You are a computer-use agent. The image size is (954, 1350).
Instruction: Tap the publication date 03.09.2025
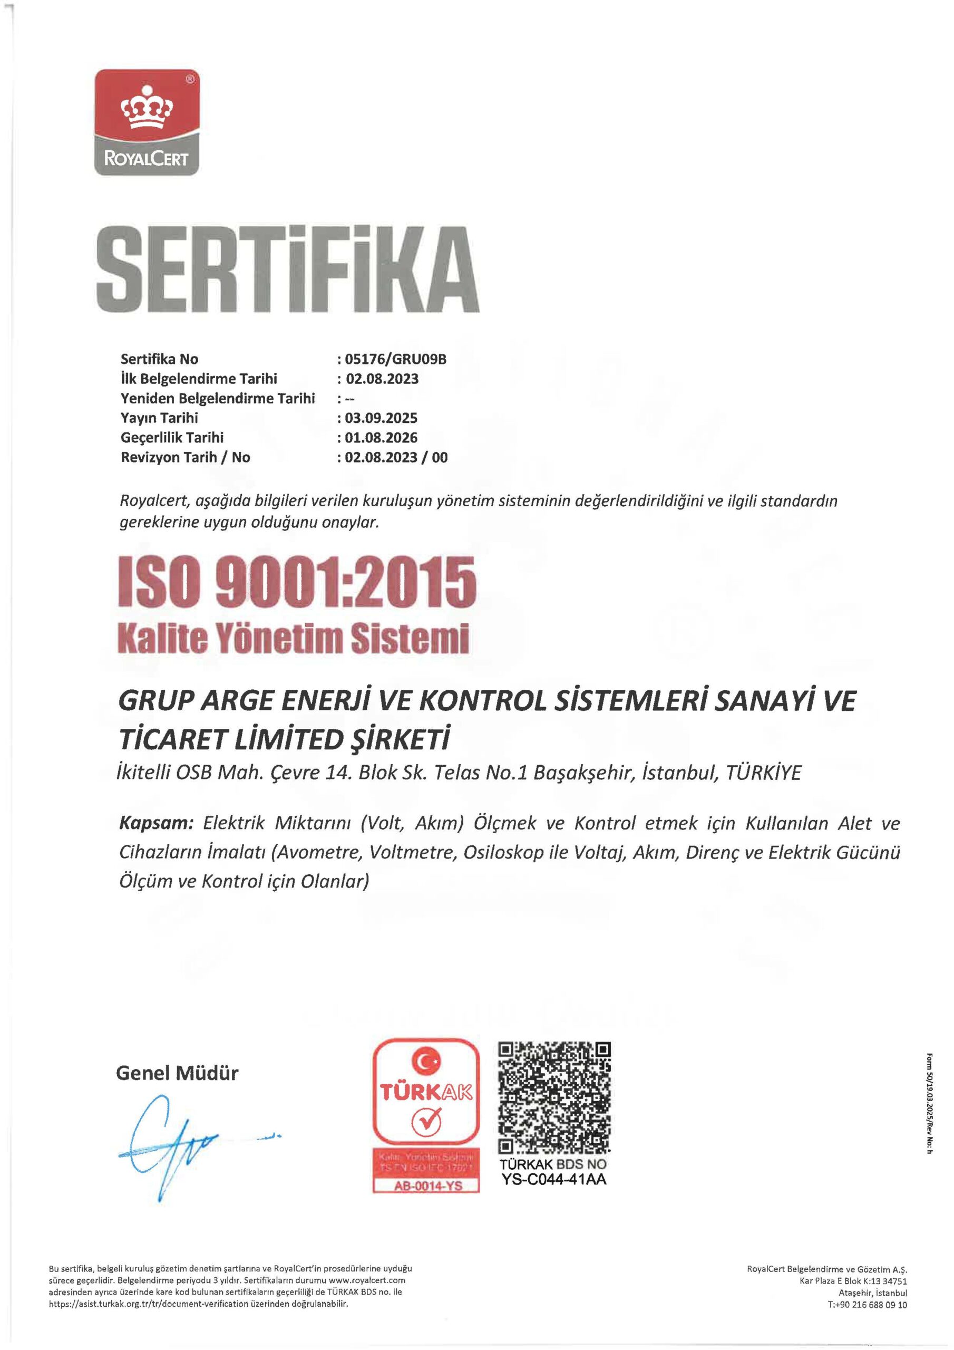pos(381,418)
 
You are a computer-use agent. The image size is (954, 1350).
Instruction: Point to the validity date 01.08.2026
pos(381,438)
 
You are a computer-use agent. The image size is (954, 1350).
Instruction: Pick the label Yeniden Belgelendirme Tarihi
pos(218,398)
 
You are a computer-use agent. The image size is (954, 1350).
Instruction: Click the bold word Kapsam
pos(156,823)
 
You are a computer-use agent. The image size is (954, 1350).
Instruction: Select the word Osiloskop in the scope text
pos(503,853)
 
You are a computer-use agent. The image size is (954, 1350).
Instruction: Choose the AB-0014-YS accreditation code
pos(427,1185)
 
